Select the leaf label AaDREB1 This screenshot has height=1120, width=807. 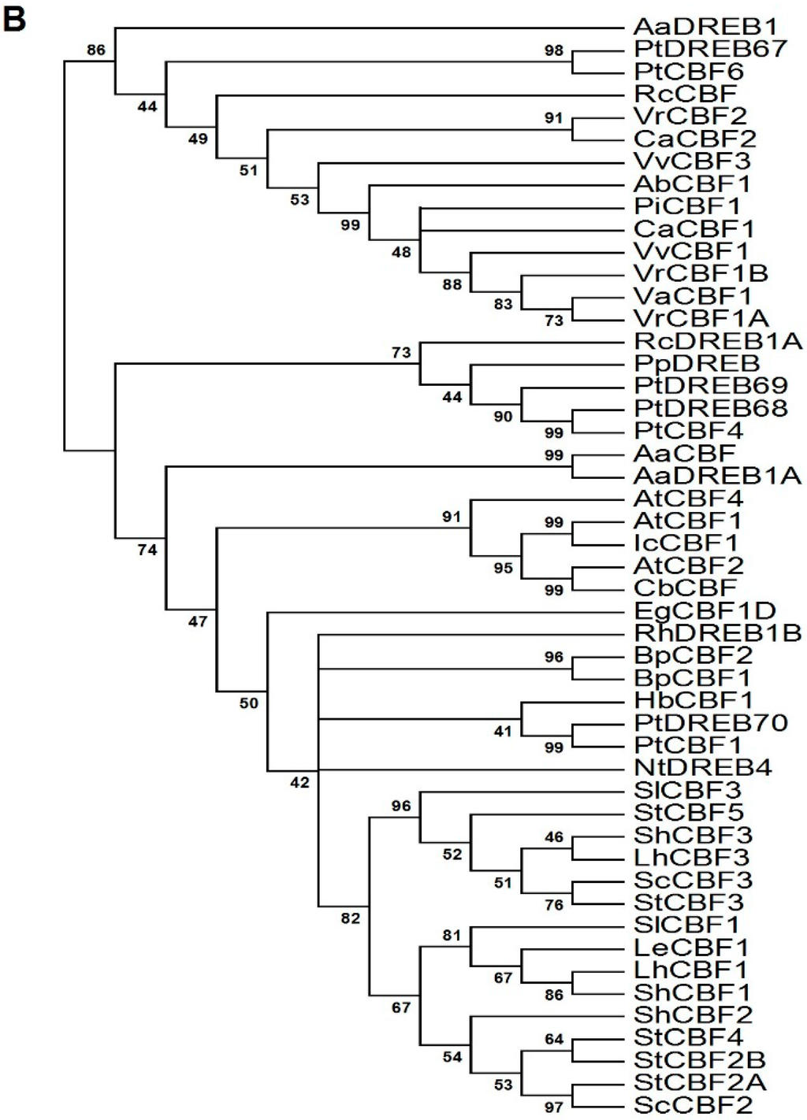(706, 27)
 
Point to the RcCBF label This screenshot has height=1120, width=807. (685, 94)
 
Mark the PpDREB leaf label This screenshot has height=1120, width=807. (697, 363)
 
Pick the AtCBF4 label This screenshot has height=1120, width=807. (688, 498)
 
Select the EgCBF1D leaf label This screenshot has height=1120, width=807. (705, 610)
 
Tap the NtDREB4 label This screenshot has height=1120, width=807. (703, 767)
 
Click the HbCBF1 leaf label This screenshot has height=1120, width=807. (694, 699)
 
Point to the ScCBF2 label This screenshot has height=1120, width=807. (694, 1104)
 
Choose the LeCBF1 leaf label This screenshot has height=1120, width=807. (691, 947)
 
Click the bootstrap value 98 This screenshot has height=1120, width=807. (554, 50)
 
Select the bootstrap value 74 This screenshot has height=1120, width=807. (147, 550)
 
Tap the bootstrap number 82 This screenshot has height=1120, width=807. (350, 918)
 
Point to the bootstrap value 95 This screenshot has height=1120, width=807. (503, 568)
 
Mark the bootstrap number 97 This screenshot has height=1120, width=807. (554, 1107)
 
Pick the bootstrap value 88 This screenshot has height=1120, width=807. (452, 284)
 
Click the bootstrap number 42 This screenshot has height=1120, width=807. (299, 783)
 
